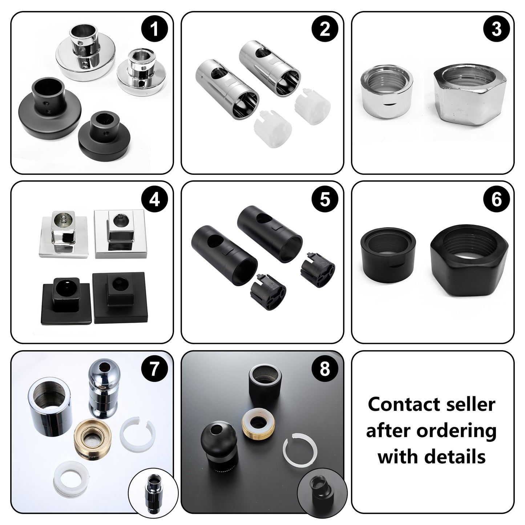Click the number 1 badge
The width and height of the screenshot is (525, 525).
[154, 29]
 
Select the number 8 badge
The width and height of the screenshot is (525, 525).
[325, 369]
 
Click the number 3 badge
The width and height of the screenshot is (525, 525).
[496, 29]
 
